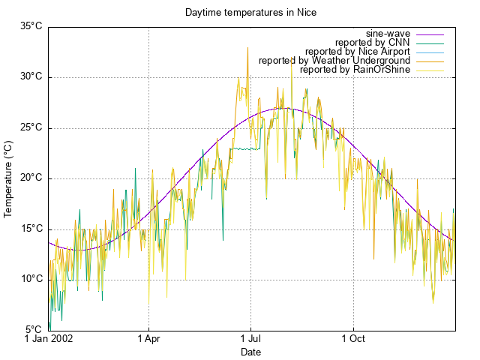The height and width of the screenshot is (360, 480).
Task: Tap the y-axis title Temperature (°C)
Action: point(9,178)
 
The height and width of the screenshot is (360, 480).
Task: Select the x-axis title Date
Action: point(250,352)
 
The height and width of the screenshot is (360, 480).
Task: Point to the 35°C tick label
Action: point(31,26)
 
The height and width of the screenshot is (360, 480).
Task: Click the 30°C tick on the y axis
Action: point(31,76)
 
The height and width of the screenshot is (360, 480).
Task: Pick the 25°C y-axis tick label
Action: point(31,127)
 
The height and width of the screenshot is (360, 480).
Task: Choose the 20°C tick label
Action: point(31,178)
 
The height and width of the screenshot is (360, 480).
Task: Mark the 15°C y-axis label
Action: point(31,229)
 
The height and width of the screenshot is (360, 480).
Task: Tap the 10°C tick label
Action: point(31,279)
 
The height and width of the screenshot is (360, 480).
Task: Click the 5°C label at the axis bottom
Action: point(33,329)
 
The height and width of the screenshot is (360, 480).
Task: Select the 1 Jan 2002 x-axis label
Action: point(48,340)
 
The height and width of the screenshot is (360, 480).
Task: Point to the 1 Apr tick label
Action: point(148,340)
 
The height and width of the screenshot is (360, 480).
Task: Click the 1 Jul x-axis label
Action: point(250,340)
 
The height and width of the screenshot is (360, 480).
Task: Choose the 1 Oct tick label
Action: point(353,340)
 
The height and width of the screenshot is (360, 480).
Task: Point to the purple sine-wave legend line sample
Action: point(430,34)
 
